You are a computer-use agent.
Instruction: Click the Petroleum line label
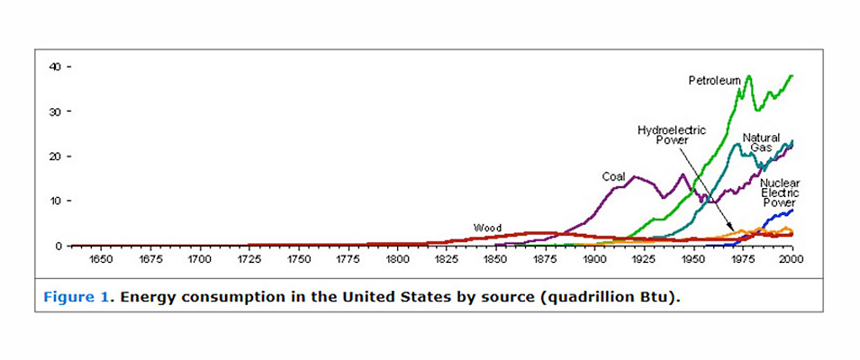pyautogui.click(x=714, y=81)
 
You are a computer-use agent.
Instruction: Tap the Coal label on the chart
pyautogui.click(x=613, y=176)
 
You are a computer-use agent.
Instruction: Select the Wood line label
pyautogui.click(x=487, y=228)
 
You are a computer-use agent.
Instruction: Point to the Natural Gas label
pyautogui.click(x=761, y=142)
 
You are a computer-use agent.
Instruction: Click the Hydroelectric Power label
pyautogui.click(x=671, y=135)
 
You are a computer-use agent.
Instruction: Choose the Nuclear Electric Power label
pyautogui.click(x=778, y=192)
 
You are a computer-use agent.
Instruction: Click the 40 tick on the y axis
pyautogui.click(x=56, y=67)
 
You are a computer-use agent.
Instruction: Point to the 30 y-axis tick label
pyautogui.click(x=56, y=112)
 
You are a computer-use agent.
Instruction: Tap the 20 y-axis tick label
pyautogui.click(x=56, y=157)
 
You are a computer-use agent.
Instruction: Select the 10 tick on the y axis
pyautogui.click(x=56, y=201)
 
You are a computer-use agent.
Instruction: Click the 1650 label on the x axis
pyautogui.click(x=100, y=259)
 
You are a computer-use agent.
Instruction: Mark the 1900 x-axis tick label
pyautogui.click(x=593, y=259)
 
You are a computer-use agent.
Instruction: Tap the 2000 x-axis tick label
pyautogui.click(x=791, y=259)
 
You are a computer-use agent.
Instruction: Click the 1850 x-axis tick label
pyautogui.click(x=494, y=259)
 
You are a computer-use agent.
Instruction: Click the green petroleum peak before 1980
pyautogui.click(x=748, y=76)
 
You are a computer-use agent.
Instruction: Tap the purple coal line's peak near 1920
pyautogui.click(x=634, y=176)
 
